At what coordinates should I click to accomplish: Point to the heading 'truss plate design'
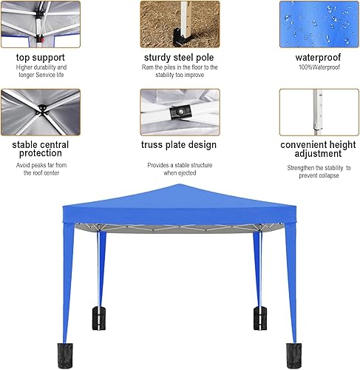point(180,145)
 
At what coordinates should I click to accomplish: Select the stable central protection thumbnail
point(41,111)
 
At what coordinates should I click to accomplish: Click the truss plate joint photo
point(180,111)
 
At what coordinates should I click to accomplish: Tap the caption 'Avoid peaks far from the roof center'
point(41,169)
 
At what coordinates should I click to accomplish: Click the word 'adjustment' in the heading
point(317,155)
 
